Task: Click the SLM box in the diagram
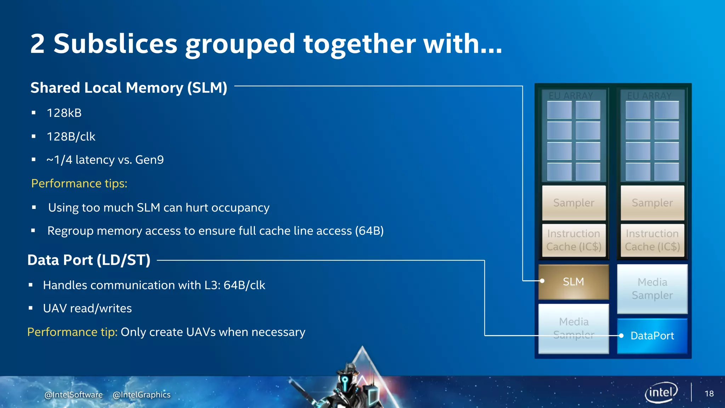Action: coord(573,282)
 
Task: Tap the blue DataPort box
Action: coord(652,336)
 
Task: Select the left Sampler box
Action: coord(573,203)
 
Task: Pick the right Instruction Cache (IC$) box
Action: coord(652,240)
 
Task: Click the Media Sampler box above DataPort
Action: coord(652,289)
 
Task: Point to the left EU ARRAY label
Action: coord(571,96)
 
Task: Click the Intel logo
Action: coord(661,392)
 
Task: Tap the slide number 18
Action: coord(709,393)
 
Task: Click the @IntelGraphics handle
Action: coord(142,395)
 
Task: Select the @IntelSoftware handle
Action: coord(74,395)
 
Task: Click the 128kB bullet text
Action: coord(64,113)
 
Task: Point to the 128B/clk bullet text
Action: coord(71,137)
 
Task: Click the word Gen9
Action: coord(149,160)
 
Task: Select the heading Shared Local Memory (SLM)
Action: coord(129,87)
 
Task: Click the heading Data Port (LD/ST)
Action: coord(89,260)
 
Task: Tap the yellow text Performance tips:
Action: coord(79,183)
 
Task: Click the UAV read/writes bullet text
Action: coord(87,308)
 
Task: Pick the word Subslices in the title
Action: coord(115,44)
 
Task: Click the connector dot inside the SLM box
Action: coord(542,281)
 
